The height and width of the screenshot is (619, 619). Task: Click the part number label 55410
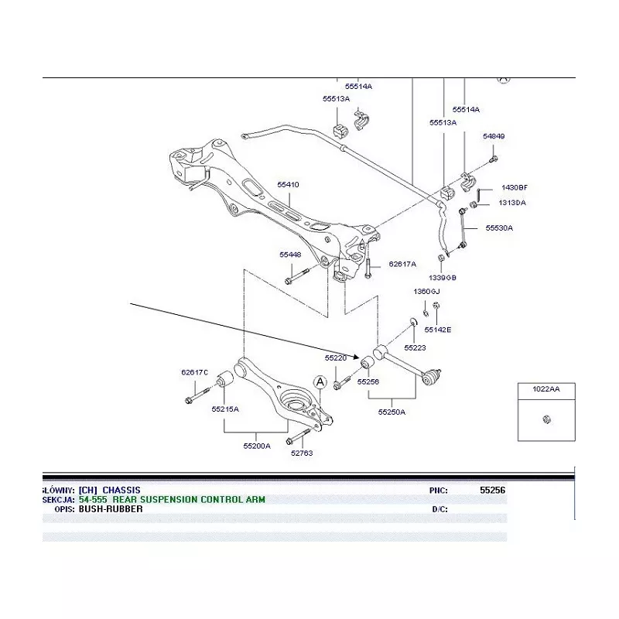coord(288,185)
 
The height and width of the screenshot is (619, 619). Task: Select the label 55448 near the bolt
coord(290,255)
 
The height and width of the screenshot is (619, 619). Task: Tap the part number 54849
coord(494,137)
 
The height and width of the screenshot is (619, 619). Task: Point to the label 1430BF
coord(515,188)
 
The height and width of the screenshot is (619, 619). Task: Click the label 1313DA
coord(512,203)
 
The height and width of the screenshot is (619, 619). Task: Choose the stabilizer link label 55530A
coord(499,228)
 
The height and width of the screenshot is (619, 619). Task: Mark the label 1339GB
coord(443,277)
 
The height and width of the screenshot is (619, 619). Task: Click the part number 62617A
coord(402,264)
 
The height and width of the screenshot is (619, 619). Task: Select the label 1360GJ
coord(426,292)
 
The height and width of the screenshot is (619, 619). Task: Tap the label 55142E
coord(438,330)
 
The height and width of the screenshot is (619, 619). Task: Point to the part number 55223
coord(416,348)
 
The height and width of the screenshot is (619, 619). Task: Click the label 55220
coord(336,358)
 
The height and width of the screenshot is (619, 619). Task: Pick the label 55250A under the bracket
coord(392,412)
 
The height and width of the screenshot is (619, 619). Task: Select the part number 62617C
coord(195,372)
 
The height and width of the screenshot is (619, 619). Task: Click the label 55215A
coord(225,409)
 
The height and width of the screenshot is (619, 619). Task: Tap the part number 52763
coord(302,453)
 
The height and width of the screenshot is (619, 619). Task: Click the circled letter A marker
coord(320,381)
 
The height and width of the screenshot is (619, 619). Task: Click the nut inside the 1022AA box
coord(546,419)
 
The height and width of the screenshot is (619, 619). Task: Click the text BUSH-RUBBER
coord(111,509)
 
